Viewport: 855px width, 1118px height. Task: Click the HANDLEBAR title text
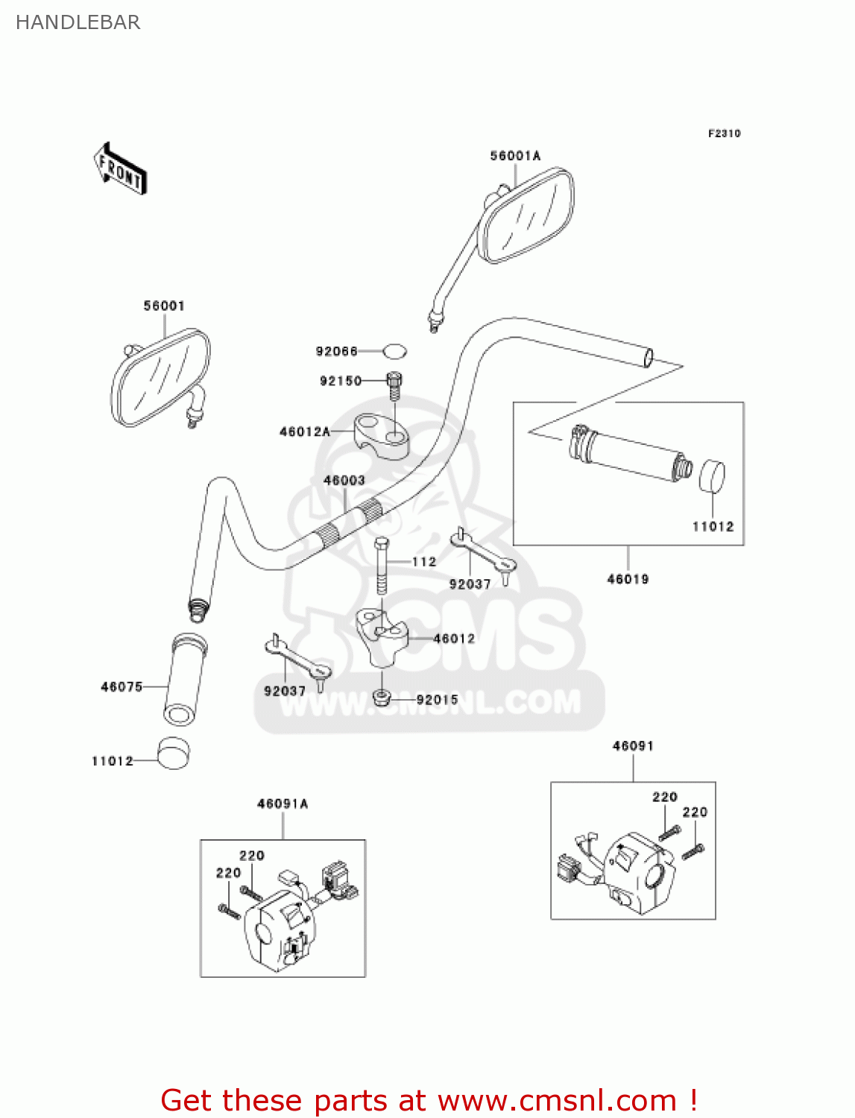(x=78, y=22)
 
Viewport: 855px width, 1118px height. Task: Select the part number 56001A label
(x=515, y=156)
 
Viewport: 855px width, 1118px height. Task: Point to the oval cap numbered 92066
(x=395, y=350)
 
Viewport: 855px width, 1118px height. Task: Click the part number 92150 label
(x=341, y=381)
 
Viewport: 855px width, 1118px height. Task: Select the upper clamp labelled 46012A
(x=382, y=438)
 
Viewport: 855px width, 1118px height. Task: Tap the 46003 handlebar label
(x=344, y=481)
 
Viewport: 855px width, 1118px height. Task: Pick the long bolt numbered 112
(x=382, y=566)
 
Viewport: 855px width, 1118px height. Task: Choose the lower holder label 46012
(x=454, y=639)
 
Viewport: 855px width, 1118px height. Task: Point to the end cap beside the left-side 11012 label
(x=174, y=753)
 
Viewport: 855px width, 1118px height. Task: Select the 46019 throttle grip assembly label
(x=628, y=579)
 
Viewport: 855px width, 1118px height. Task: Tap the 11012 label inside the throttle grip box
(x=713, y=527)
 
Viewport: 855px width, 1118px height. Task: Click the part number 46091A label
(x=283, y=803)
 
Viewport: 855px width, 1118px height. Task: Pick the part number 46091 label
(x=633, y=745)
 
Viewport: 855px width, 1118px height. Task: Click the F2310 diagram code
(x=724, y=133)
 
